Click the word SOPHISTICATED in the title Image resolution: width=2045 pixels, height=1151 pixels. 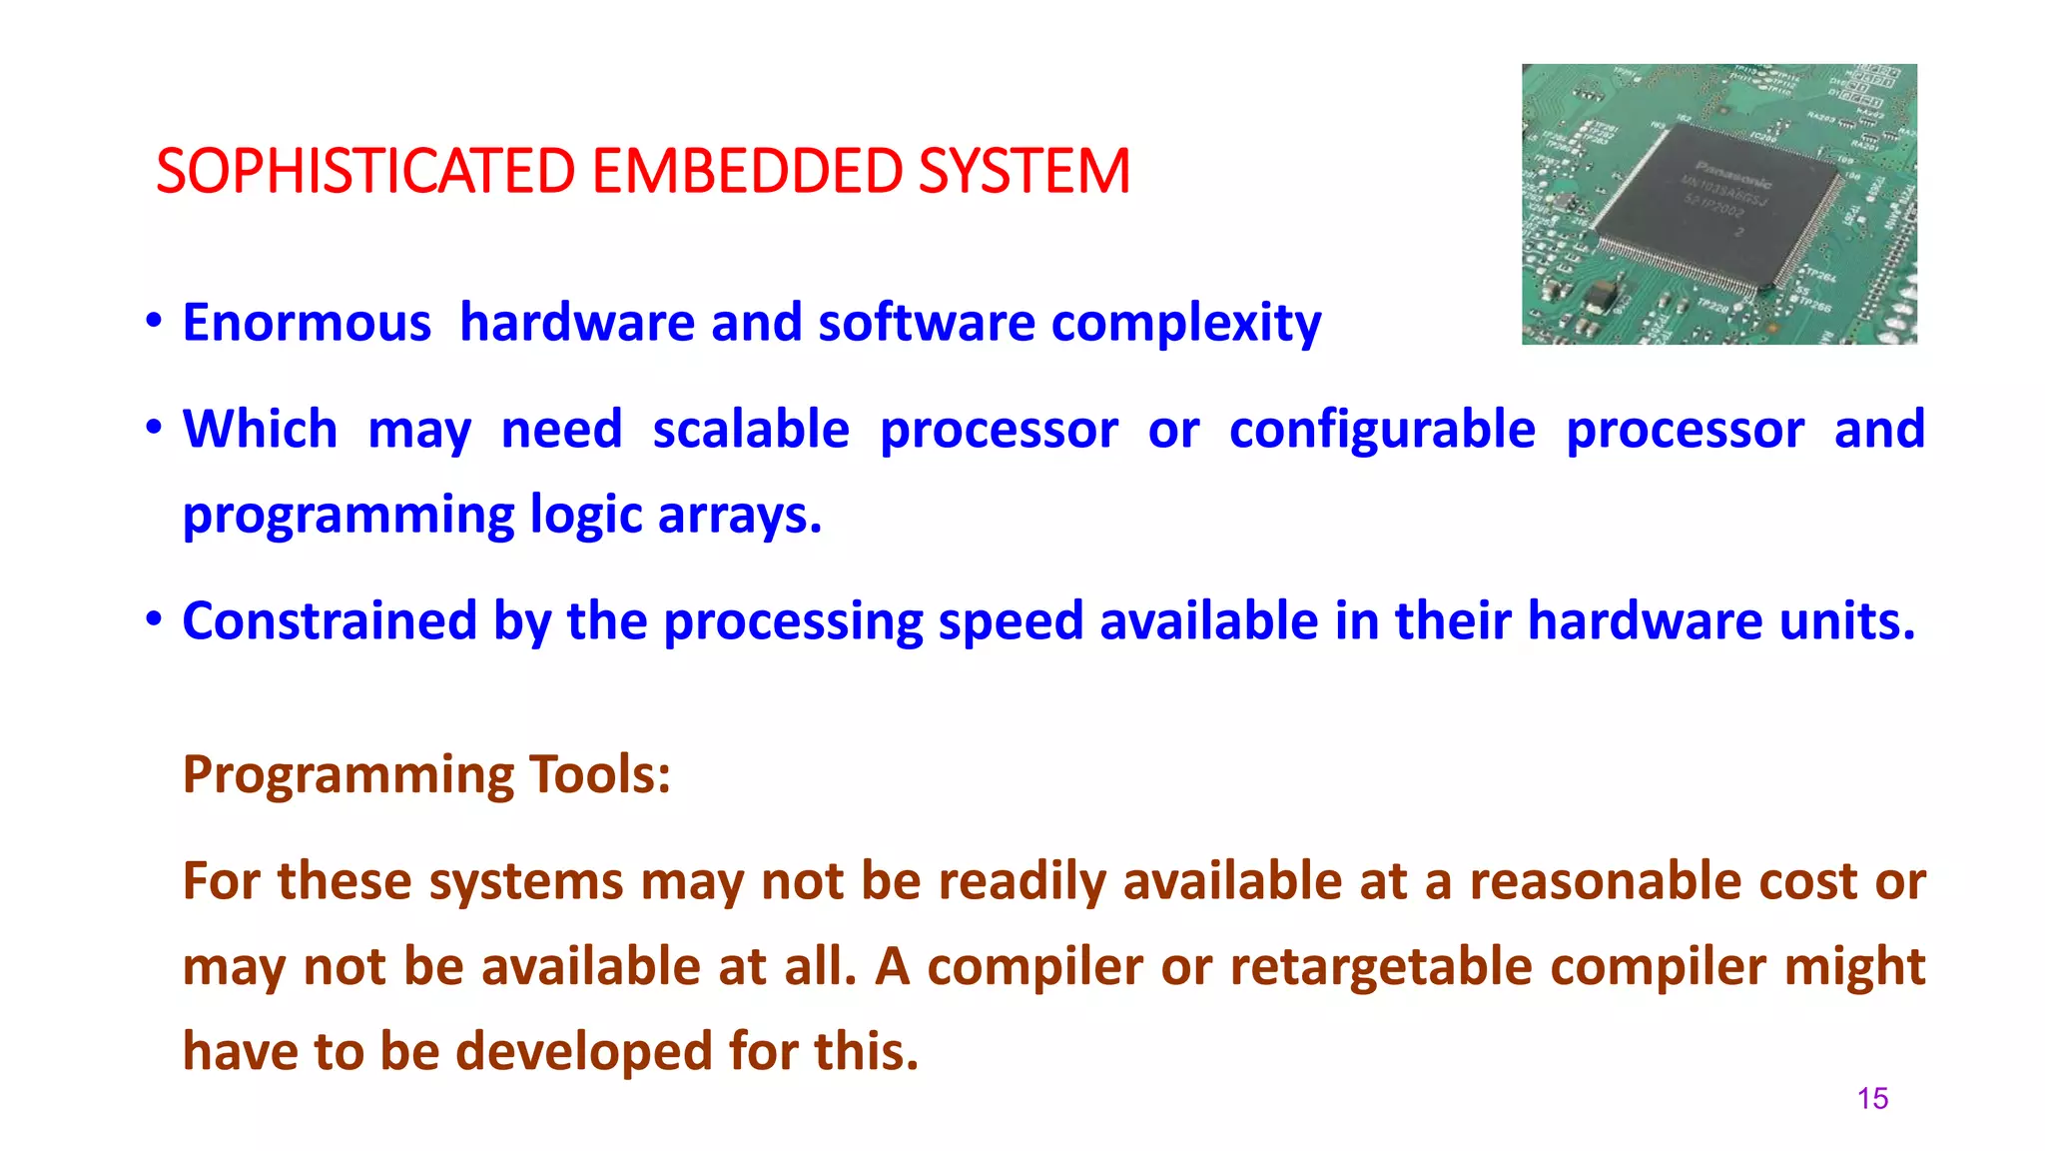(364, 171)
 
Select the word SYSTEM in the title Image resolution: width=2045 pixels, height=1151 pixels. (1023, 171)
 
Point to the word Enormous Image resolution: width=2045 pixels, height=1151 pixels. (307, 323)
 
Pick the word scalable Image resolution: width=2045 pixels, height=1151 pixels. (751, 430)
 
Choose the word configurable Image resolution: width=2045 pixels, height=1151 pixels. (1382, 430)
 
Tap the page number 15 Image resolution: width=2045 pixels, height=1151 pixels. (1872, 1099)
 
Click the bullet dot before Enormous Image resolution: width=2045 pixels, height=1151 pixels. (153, 322)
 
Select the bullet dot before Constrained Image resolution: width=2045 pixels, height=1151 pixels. (153, 619)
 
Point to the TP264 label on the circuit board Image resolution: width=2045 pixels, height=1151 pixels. (1819, 275)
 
